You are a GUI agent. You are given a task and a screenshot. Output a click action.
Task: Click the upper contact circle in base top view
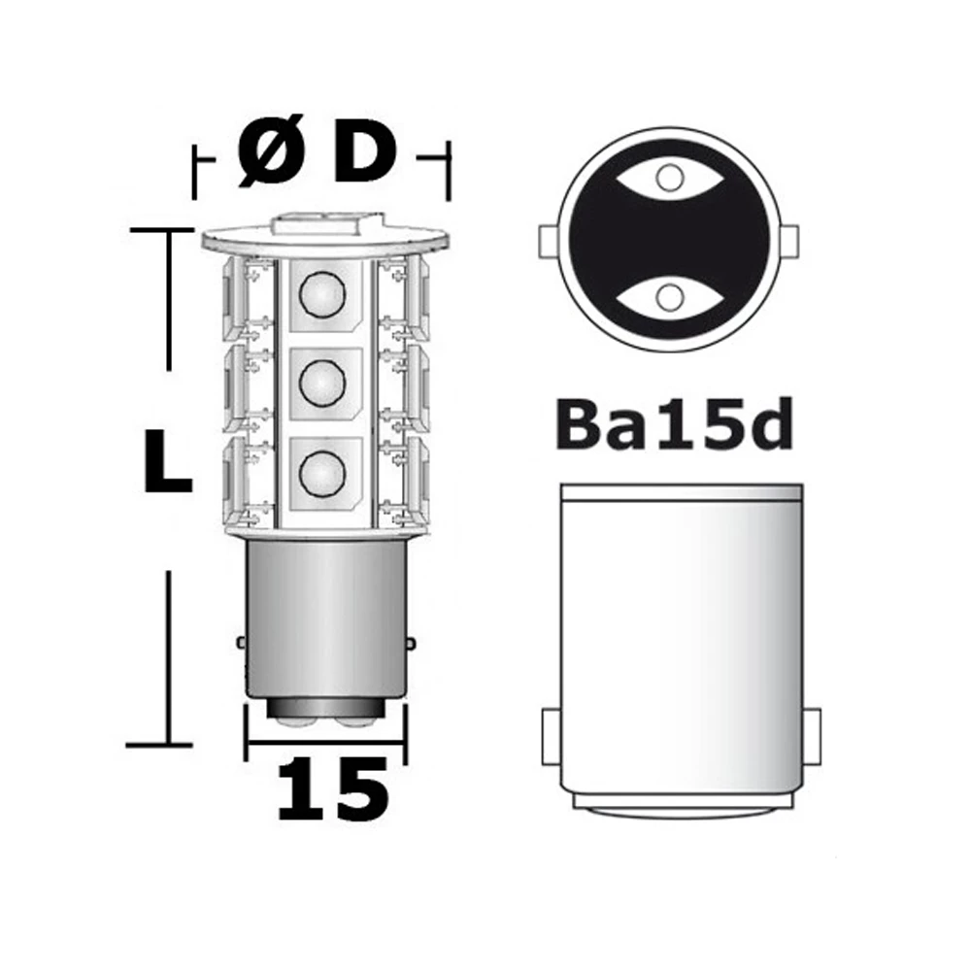pos(667,178)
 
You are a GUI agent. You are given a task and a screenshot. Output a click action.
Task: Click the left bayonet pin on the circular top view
pos(547,237)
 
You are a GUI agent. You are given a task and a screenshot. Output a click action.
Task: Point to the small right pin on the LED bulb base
pos(412,643)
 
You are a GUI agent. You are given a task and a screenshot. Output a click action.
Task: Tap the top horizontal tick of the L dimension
pos(162,230)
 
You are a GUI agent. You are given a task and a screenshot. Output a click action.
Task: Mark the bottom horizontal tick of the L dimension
pos(162,745)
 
